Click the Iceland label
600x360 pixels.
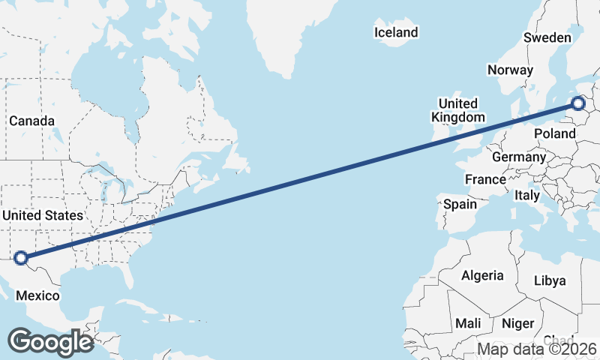[x=395, y=32]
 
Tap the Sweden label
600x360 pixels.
[x=547, y=37]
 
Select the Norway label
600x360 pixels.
[x=510, y=70]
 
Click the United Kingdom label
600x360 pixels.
[x=457, y=110]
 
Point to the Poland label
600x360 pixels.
[x=554, y=133]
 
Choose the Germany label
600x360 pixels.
[x=519, y=157]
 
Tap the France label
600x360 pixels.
[x=485, y=180]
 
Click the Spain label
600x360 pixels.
[x=460, y=203]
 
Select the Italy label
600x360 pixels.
[x=527, y=195]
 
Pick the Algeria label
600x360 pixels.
[x=482, y=275]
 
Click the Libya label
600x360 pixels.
[x=555, y=280]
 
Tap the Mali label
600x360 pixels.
[x=468, y=323]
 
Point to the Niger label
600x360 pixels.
[x=517, y=323]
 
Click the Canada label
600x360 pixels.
[x=31, y=121]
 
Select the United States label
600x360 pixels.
[x=43, y=215]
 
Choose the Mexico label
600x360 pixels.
[x=37, y=295]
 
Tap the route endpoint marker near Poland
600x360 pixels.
[x=578, y=104]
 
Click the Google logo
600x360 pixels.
[x=50, y=342]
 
